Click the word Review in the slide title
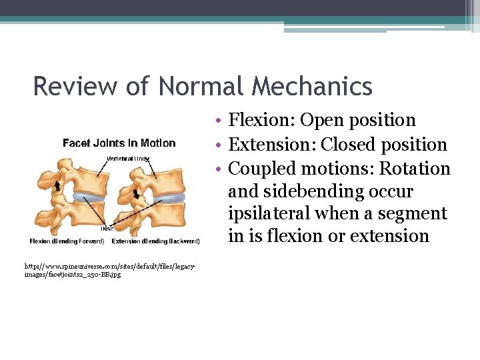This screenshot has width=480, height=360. (x=70, y=87)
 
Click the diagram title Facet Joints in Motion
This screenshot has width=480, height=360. (x=119, y=143)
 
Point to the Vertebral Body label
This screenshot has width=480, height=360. (x=129, y=159)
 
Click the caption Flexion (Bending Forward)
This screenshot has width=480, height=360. (x=67, y=241)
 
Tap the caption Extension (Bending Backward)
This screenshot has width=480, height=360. (x=156, y=241)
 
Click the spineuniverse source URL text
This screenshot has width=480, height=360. (x=110, y=270)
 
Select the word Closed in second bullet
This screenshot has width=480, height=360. (x=350, y=145)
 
